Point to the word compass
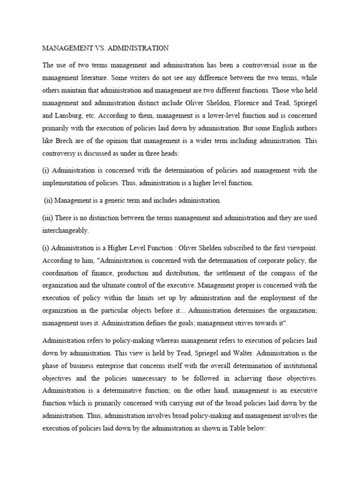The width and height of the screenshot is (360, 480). click(x=289, y=272)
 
